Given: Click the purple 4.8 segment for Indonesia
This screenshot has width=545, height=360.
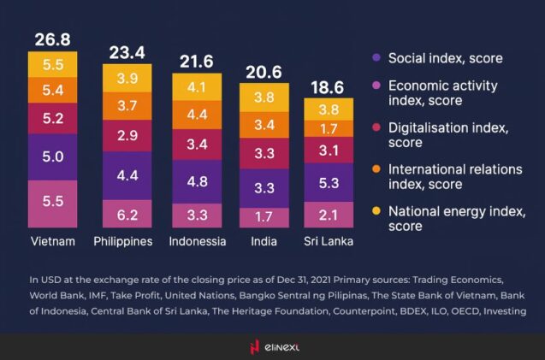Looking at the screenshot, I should (x=198, y=180).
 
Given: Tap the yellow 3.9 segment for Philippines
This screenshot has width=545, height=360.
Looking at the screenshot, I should (x=127, y=78).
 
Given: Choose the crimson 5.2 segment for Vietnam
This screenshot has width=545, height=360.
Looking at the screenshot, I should (x=52, y=119).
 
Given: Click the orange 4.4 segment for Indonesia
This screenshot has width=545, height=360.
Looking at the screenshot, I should (x=198, y=114).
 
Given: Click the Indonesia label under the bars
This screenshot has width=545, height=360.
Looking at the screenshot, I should (x=198, y=241).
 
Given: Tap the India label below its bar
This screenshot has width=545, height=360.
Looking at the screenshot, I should (x=264, y=241).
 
